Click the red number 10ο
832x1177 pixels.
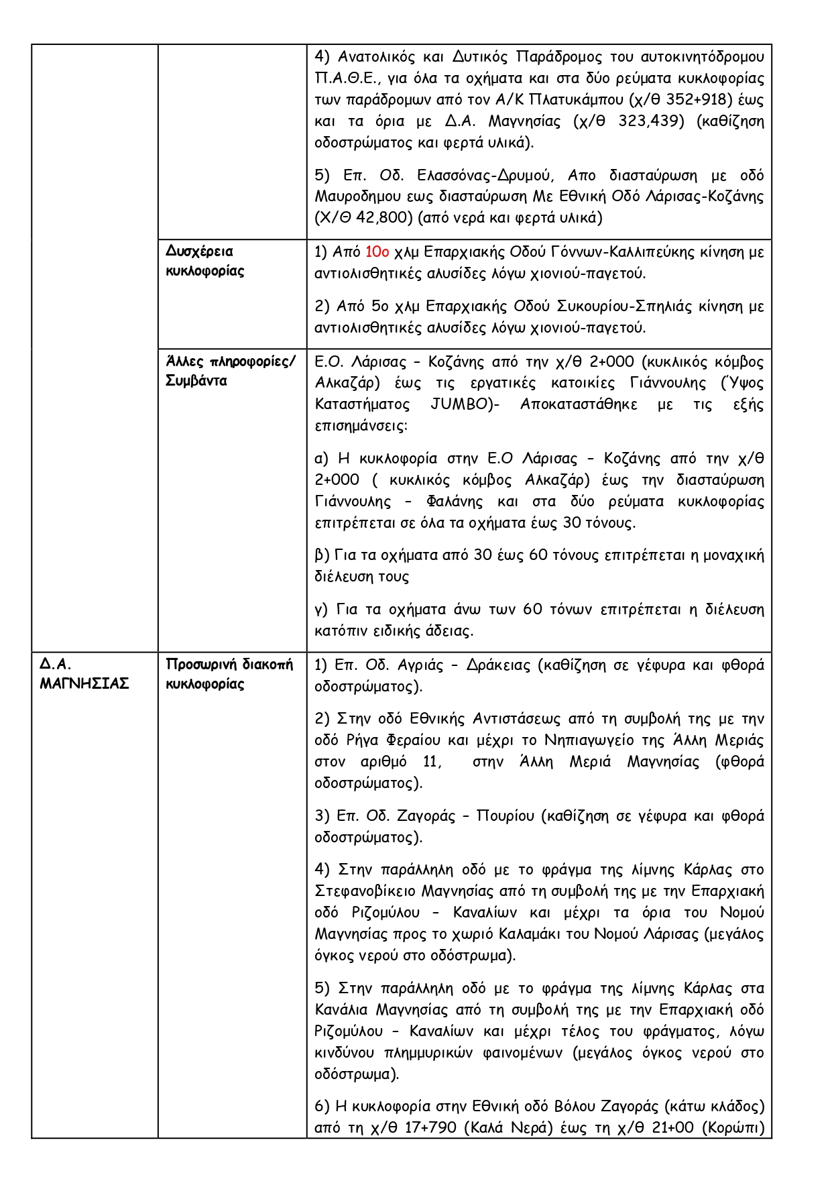pos(377,252)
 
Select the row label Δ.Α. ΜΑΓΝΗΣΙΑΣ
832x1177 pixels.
pos(84,674)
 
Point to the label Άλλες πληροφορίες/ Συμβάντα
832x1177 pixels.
pos(230,371)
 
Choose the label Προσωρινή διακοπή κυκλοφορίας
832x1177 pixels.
pos(229,674)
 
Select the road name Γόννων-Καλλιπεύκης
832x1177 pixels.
pos(628,252)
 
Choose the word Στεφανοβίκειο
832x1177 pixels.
pos(365,891)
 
